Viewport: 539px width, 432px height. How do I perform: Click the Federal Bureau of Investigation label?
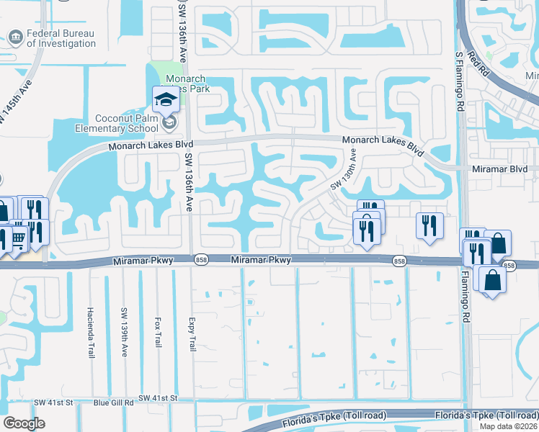[x=61, y=38]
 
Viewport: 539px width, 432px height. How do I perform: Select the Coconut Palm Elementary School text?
[x=116, y=123]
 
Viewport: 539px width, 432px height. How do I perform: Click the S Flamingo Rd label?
[x=458, y=81]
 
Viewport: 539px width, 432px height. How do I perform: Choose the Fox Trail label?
[x=157, y=330]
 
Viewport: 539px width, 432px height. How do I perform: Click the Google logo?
[x=24, y=423]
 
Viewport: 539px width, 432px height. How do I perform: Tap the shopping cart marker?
[x=17, y=235]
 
